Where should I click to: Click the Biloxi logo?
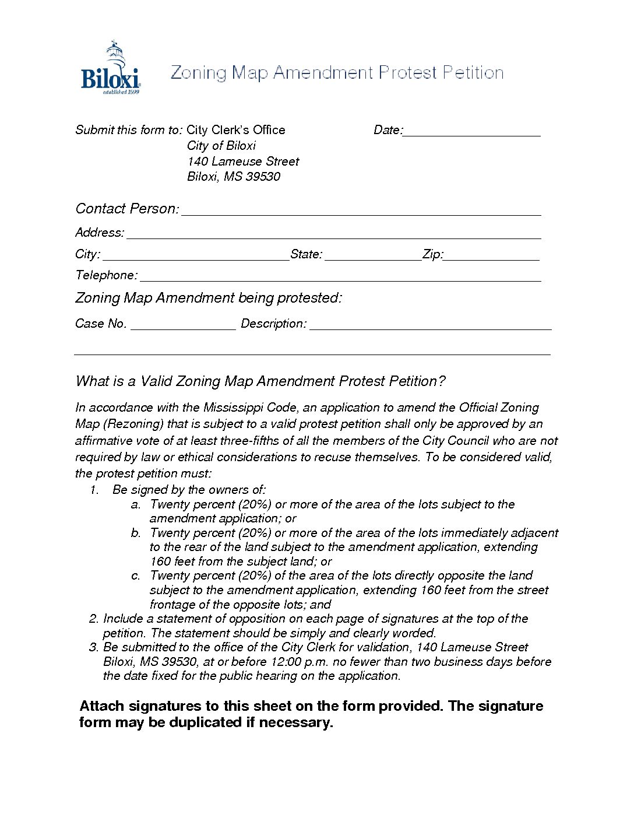coord(110,69)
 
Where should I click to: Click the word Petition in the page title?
coord(473,73)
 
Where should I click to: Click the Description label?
coord(273,324)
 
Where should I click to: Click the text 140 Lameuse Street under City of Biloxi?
coord(243,162)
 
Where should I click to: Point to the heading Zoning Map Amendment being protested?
coord(208,298)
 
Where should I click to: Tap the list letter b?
coord(136,533)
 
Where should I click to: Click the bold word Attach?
coord(102,706)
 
